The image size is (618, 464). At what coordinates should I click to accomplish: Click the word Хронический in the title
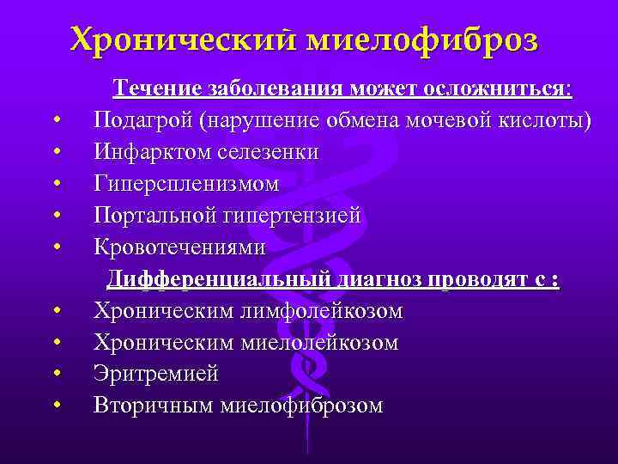click(x=181, y=39)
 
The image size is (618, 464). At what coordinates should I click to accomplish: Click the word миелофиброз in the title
click(x=421, y=39)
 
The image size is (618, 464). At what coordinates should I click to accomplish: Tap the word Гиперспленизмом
click(x=186, y=184)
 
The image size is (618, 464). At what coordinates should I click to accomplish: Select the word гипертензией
click(x=291, y=216)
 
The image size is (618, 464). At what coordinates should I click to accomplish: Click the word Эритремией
click(x=156, y=375)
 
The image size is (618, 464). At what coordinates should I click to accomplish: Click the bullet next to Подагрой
click(x=56, y=121)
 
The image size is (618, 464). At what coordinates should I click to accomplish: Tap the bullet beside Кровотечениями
click(x=56, y=248)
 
